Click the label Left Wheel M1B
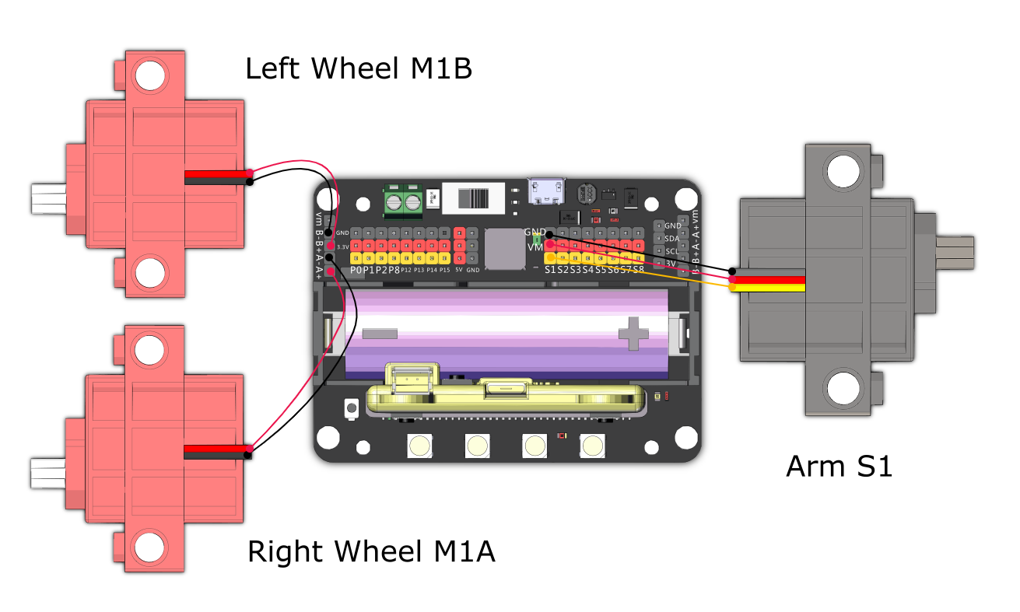click(359, 69)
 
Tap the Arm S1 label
click(839, 466)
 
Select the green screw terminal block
click(402, 201)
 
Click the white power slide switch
click(471, 199)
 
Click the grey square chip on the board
click(503, 248)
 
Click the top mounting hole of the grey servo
click(842, 170)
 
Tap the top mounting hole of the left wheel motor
click(150, 75)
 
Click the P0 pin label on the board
click(356, 270)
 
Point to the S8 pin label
click(638, 270)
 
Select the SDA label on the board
click(672, 239)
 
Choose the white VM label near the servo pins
click(535, 247)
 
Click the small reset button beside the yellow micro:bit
click(351, 407)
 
